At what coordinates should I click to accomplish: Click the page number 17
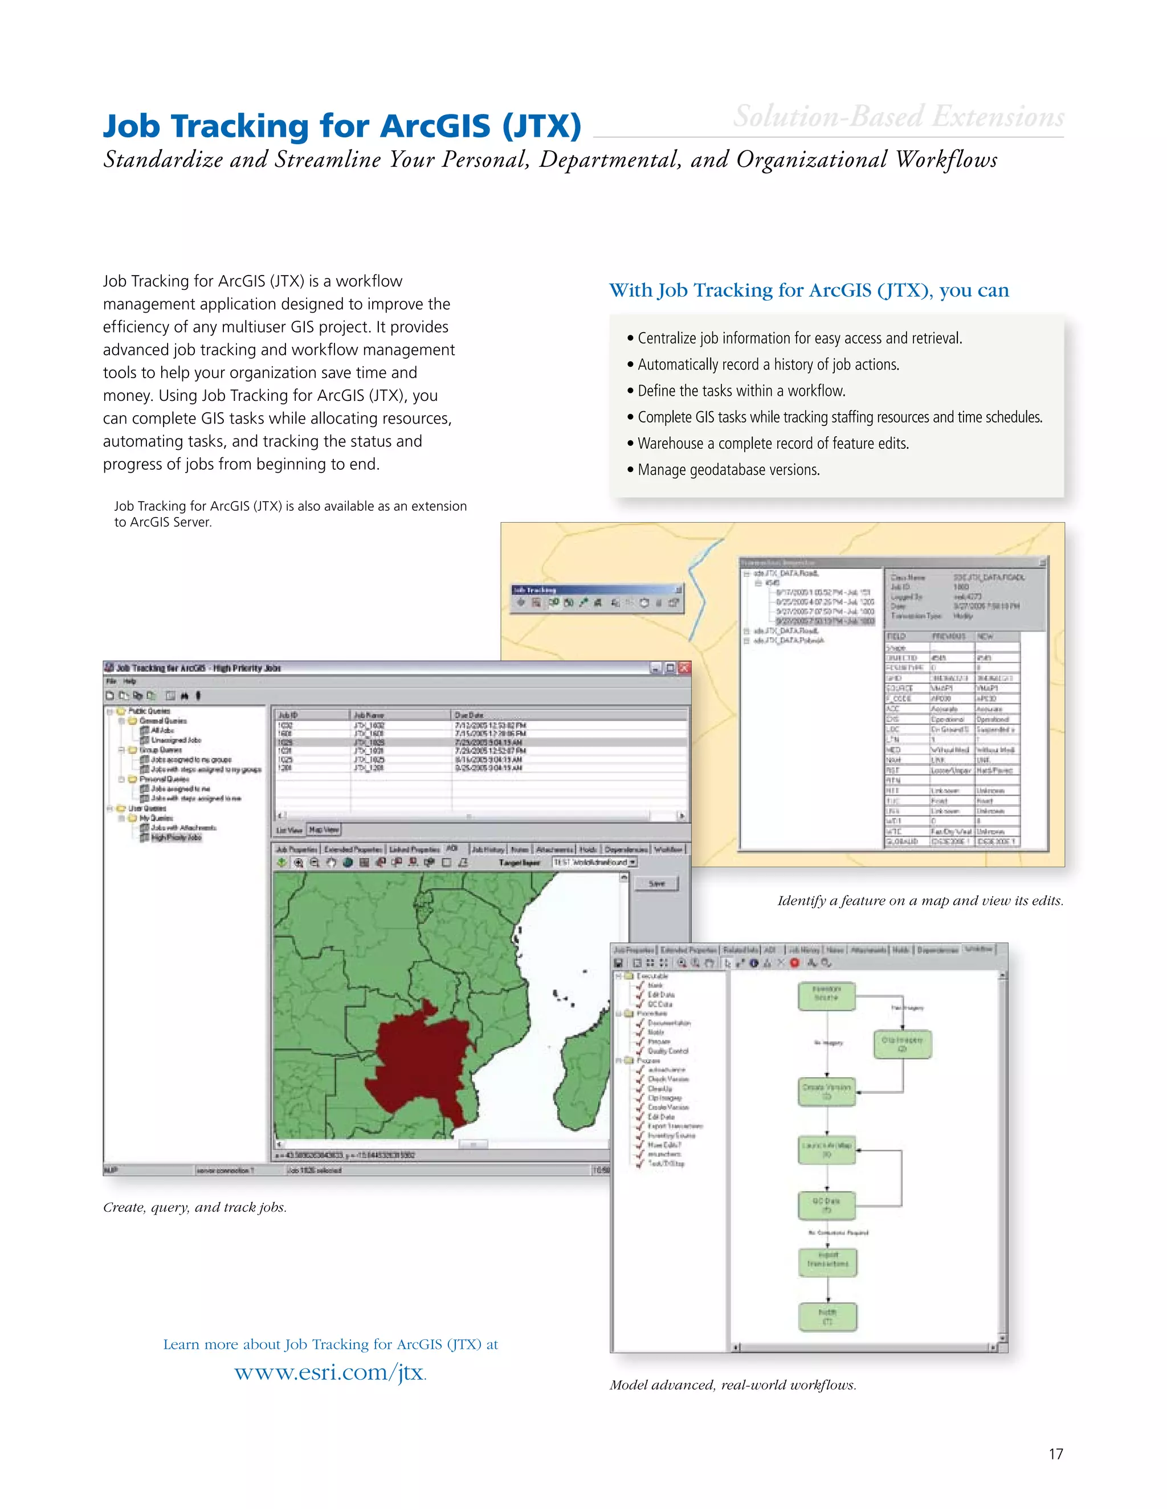[1055, 1454]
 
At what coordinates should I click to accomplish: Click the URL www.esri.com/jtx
[329, 1372]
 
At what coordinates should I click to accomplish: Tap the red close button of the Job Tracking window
[684, 667]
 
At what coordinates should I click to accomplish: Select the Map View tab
[324, 830]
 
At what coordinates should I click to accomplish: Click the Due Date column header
[469, 715]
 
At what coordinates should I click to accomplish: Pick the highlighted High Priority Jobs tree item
[176, 838]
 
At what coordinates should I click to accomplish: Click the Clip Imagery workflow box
[902, 1043]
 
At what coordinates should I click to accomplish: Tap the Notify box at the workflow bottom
[827, 1316]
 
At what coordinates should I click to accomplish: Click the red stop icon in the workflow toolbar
[794, 963]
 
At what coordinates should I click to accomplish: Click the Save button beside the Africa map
[657, 883]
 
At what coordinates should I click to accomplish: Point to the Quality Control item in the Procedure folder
[667, 1051]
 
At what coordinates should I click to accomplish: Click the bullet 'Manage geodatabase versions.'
[728, 470]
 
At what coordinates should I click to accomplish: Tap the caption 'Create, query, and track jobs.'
[194, 1207]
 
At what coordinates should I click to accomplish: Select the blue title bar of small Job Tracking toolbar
[594, 589]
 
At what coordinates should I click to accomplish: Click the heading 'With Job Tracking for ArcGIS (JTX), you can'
[808, 290]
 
